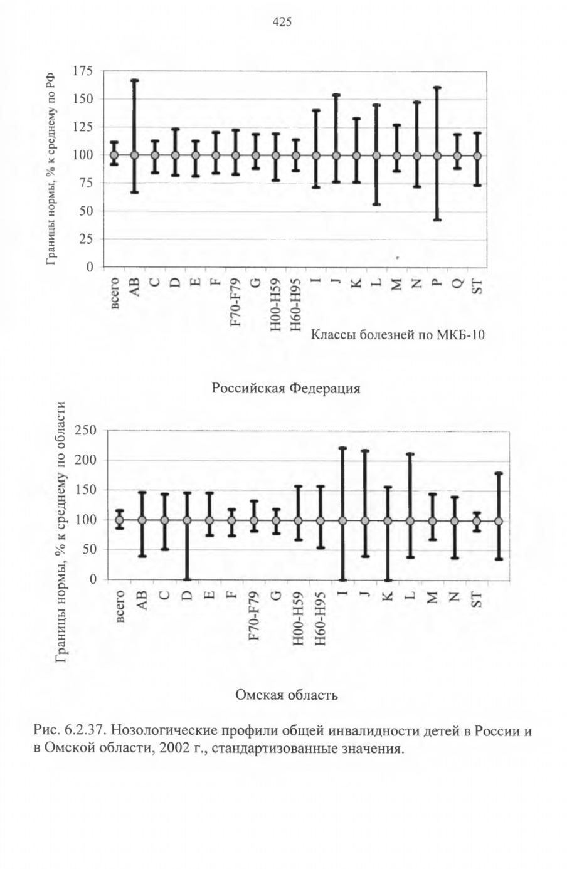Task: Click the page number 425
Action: coord(282,23)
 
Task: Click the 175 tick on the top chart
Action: coord(83,71)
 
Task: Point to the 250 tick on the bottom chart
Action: coord(86,430)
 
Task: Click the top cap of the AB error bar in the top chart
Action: coord(135,80)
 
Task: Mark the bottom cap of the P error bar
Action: coord(437,220)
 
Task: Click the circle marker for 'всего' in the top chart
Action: coord(114,155)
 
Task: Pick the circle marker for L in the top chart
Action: coord(376,155)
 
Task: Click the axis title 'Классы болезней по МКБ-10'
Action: coord(398,334)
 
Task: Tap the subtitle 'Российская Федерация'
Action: coord(286,388)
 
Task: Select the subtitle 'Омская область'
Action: coord(287,695)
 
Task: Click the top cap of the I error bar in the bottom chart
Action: coord(342,448)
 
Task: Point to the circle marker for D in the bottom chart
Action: coord(187,520)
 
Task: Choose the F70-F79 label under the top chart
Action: coord(236,302)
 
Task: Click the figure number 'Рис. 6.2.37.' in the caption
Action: coord(70,731)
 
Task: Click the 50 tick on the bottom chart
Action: coord(90,549)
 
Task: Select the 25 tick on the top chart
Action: coord(86,239)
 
